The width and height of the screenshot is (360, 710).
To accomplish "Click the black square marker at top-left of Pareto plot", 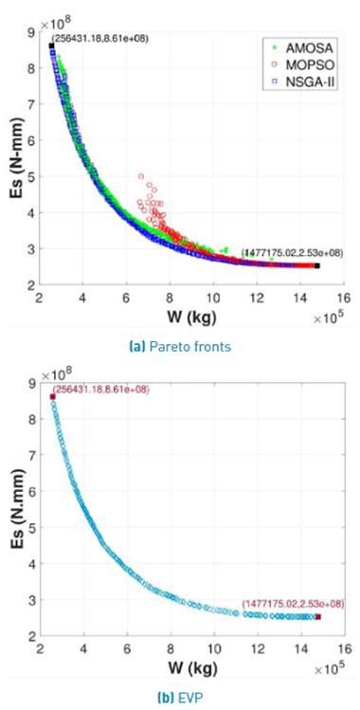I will click(51, 46).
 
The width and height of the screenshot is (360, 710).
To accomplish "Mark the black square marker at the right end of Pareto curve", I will click(317, 266).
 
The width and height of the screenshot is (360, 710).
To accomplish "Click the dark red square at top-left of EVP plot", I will click(52, 396).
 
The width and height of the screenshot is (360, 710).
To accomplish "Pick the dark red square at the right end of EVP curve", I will click(317, 617).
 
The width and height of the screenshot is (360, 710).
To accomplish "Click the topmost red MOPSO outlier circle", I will click(141, 176).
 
